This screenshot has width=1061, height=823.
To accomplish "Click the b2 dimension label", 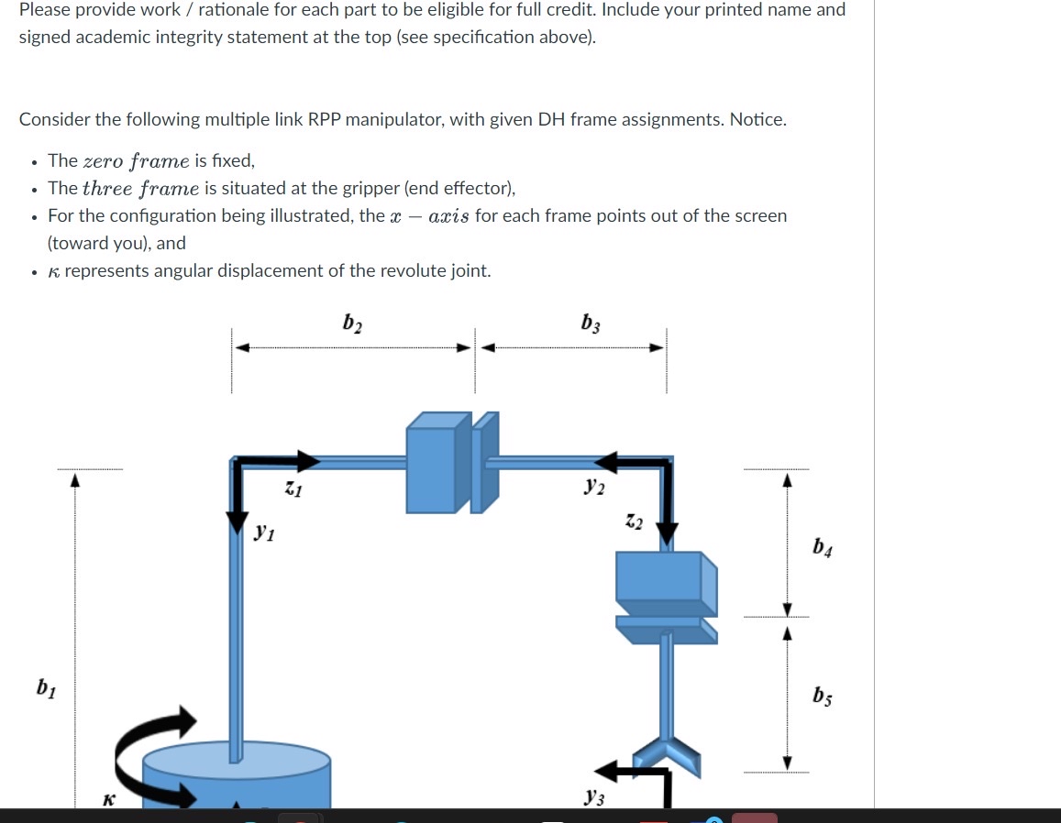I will (x=351, y=324).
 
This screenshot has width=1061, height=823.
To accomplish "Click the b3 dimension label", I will (x=591, y=324).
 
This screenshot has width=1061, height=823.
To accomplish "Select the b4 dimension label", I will (x=823, y=549).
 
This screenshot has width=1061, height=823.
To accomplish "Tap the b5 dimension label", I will (x=823, y=698).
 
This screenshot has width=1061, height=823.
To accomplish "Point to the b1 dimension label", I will (x=45, y=686).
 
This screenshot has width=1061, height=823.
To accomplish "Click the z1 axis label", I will (x=293, y=490).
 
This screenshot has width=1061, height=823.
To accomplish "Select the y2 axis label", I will (x=593, y=488).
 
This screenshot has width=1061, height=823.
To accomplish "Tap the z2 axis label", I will (x=634, y=523).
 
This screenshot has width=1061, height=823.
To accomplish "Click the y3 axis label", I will (x=593, y=797).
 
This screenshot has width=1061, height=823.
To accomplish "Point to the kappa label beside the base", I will (x=108, y=799).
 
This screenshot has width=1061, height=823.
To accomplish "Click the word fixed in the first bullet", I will (x=232, y=161).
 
